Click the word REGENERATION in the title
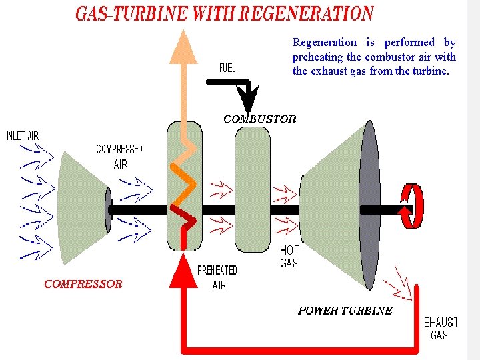[306, 13]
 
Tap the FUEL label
[227, 68]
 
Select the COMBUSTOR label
[259, 119]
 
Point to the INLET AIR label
[23, 136]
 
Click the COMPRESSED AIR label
[119, 157]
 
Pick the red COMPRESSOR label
[83, 284]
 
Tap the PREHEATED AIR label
[217, 277]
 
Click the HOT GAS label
[289, 257]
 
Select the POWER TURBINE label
[345, 311]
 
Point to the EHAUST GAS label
[441, 329]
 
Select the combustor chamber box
[253, 190]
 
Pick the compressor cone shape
[81, 207]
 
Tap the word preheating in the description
[318, 57]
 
